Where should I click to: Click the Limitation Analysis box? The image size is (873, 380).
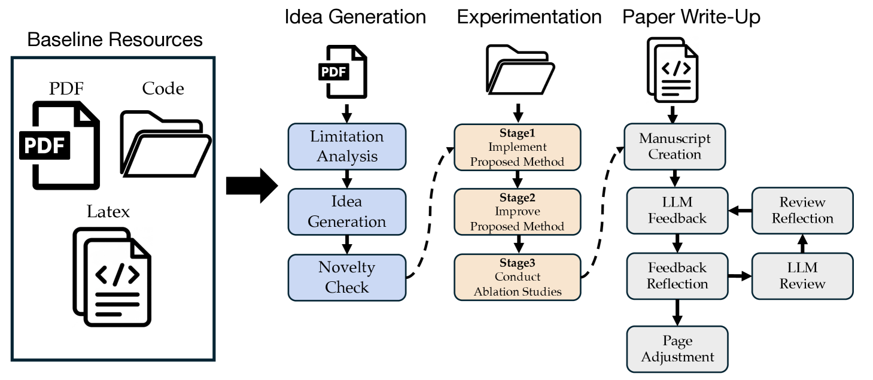point(347,146)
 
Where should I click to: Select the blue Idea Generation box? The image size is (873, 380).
point(347,211)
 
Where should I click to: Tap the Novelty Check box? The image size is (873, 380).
point(347,277)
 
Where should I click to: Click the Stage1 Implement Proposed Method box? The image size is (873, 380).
point(517,146)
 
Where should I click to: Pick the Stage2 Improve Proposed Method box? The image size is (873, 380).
point(517,211)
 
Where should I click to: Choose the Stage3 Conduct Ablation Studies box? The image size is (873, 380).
point(517,276)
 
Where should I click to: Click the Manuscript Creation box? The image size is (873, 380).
point(675,146)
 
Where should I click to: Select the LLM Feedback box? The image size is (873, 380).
point(677,211)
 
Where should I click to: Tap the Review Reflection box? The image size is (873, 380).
point(802,211)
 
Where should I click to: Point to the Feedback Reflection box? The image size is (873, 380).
point(677,276)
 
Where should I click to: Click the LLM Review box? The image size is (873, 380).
point(802,276)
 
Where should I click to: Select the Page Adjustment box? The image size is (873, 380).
point(677,349)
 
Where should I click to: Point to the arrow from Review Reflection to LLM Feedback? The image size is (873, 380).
point(740,211)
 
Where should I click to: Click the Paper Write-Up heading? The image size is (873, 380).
point(691,17)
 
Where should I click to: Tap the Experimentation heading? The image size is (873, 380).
point(529,17)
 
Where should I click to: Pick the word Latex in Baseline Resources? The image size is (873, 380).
point(108,212)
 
